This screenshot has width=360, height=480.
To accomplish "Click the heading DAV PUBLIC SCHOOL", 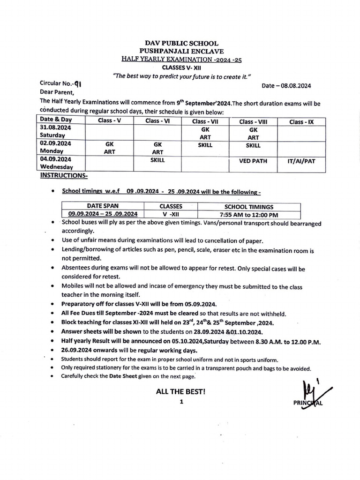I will (181, 43).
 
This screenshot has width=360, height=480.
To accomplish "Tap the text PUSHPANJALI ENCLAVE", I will (181, 51).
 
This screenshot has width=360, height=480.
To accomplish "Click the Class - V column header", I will (109, 121).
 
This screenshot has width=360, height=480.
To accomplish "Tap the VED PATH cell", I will (253, 161).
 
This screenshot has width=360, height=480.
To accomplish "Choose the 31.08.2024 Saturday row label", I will (55, 132).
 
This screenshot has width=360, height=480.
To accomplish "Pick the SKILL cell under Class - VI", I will (157, 160).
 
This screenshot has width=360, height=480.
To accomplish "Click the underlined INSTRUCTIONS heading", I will (60, 175).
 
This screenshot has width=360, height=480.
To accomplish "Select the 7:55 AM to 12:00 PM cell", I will (249, 215).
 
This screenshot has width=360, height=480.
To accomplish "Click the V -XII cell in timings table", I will (171, 215).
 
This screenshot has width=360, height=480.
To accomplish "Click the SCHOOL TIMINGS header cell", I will (249, 206).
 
